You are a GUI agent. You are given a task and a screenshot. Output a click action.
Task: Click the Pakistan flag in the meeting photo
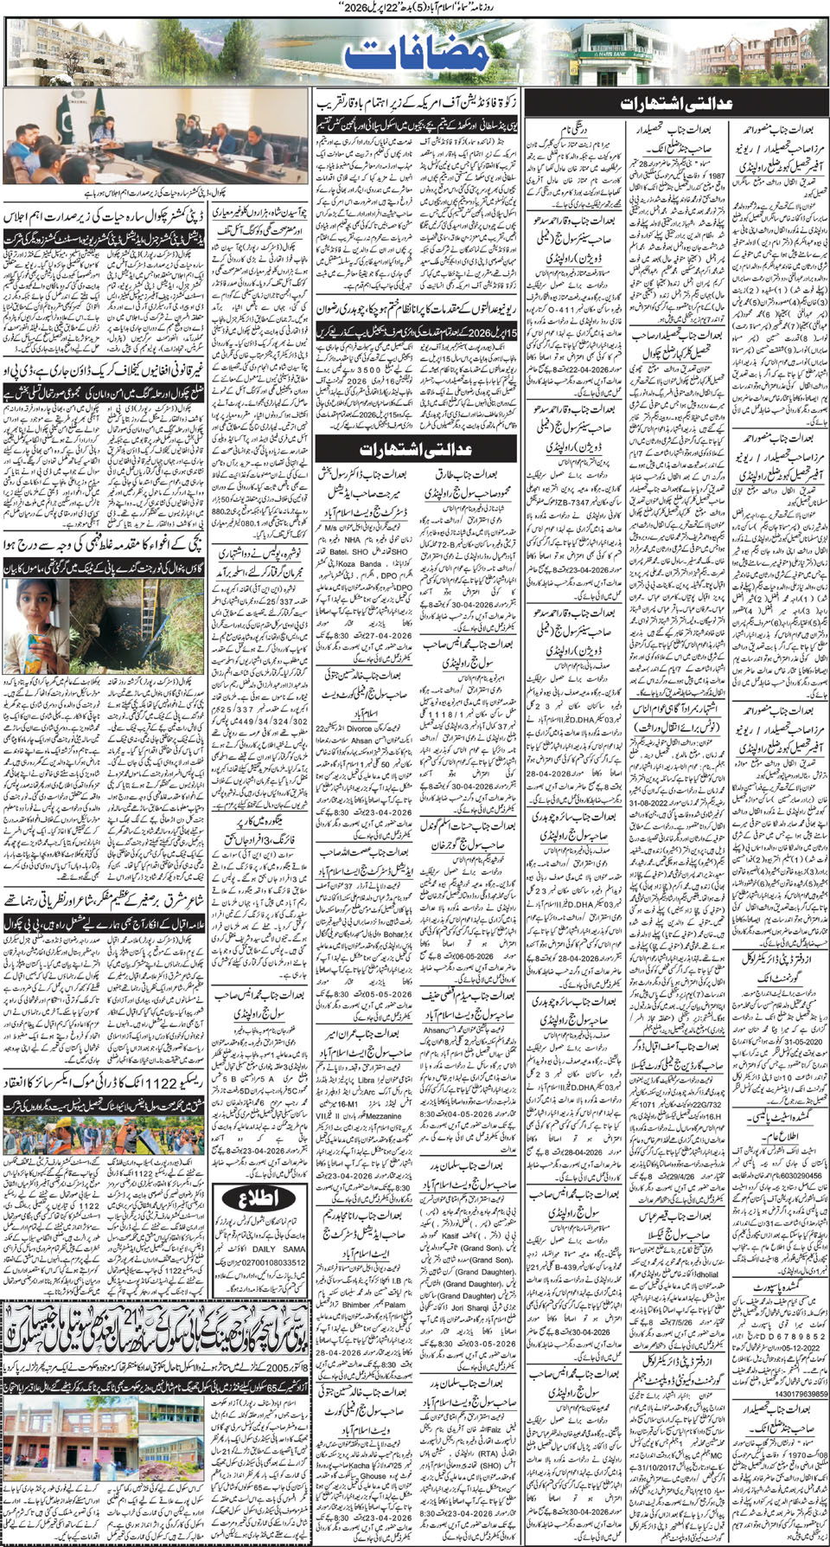(64, 120)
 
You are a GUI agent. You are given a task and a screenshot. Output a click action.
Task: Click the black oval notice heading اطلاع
(259, 1198)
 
